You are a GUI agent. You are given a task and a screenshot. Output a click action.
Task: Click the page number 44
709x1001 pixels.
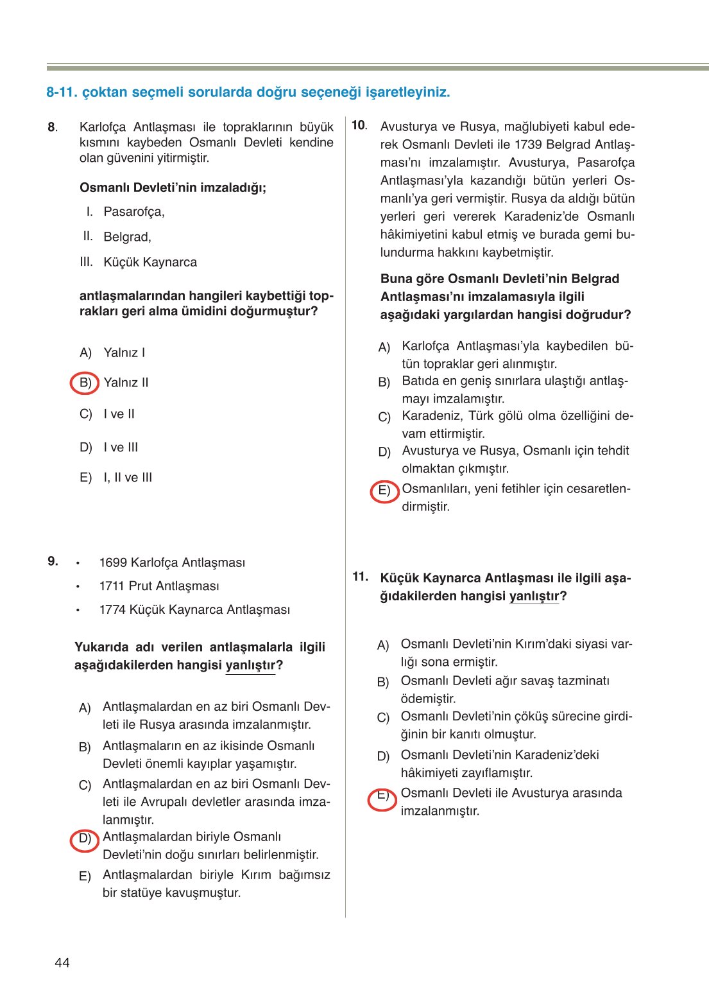pyautogui.click(x=62, y=962)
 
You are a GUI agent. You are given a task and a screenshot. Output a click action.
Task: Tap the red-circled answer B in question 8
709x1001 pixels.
pyautogui.click(x=85, y=383)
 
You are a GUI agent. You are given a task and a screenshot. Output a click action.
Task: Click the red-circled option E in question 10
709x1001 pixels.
pyautogui.click(x=384, y=491)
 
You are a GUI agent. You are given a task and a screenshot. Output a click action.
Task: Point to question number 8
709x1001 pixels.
pyautogui.click(x=53, y=127)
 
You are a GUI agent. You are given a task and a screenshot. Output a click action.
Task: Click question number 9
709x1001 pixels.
pyautogui.click(x=53, y=561)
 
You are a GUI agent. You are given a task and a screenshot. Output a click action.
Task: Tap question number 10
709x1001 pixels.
pyautogui.click(x=359, y=126)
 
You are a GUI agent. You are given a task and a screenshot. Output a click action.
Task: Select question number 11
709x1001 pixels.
pyautogui.click(x=360, y=577)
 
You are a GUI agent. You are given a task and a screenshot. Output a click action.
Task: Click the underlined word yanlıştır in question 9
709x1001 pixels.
pyautogui.click(x=250, y=665)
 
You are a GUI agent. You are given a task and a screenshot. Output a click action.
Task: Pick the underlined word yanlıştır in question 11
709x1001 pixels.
pyautogui.click(x=534, y=596)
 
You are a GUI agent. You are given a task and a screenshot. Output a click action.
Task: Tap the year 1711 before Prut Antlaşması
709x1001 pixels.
pyautogui.click(x=112, y=586)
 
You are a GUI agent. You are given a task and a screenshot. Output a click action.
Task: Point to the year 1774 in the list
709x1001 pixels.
pyautogui.click(x=112, y=610)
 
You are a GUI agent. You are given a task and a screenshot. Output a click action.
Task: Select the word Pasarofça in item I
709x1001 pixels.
pyautogui.click(x=133, y=212)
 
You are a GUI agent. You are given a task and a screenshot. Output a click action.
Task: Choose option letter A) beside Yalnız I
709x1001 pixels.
pyautogui.click(x=86, y=353)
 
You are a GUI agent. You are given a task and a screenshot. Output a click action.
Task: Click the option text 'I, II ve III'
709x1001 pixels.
pyautogui.click(x=128, y=478)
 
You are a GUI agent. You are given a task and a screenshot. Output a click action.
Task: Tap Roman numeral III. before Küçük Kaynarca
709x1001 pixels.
pyautogui.click(x=86, y=262)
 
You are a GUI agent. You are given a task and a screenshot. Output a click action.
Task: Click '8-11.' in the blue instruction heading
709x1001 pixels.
pyautogui.click(x=62, y=92)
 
